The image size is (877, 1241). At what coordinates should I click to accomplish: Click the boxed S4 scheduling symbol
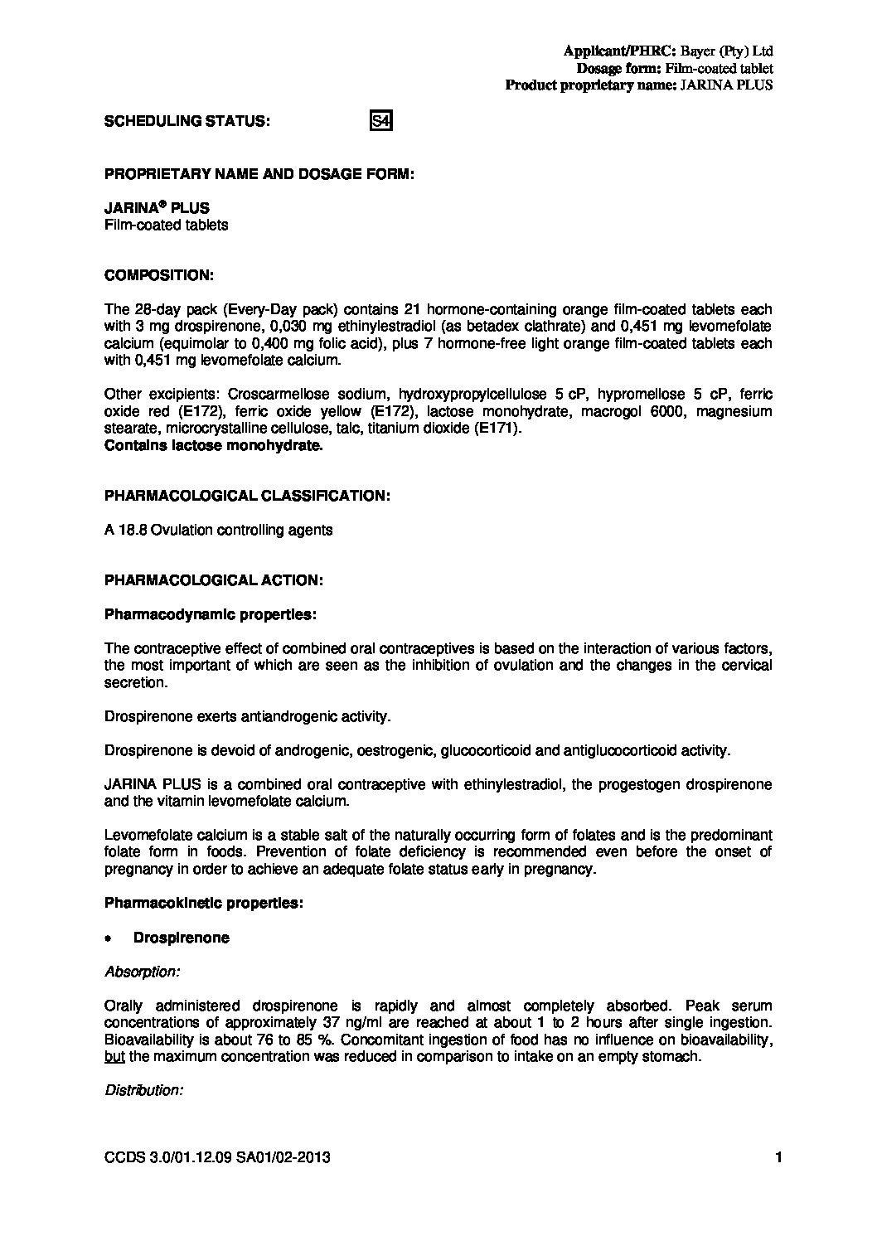380,122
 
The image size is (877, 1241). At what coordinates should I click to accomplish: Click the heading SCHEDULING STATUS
187,121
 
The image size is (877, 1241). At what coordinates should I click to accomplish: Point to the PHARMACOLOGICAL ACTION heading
213,580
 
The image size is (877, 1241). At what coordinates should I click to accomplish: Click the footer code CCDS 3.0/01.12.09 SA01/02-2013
217,1157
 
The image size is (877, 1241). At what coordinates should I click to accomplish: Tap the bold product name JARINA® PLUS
157,208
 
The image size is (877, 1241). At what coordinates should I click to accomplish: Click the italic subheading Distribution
143,1090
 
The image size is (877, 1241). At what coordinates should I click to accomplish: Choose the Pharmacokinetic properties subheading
204,904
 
